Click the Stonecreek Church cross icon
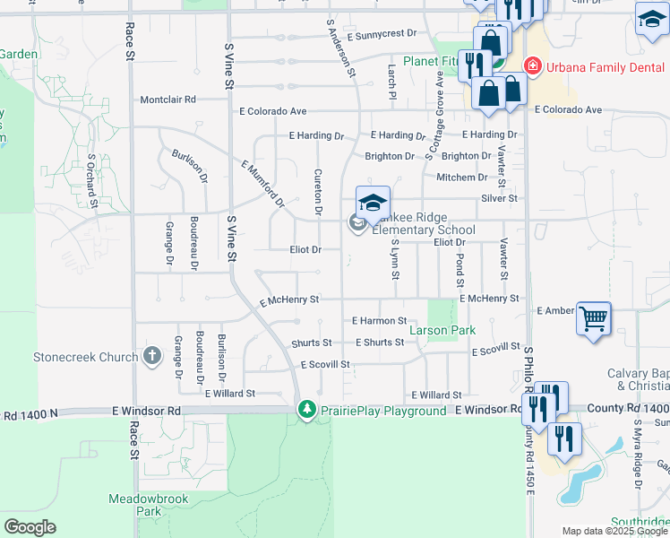click(x=152, y=356)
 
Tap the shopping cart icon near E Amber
click(x=593, y=317)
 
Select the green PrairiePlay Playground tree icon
click(x=307, y=409)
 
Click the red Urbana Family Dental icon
click(x=531, y=66)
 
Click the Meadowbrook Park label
click(x=135, y=503)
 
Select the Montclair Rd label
click(x=167, y=100)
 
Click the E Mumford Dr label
click(x=262, y=182)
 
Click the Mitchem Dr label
click(x=462, y=178)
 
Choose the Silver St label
click(x=499, y=197)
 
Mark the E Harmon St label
click(x=380, y=320)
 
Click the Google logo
click(x=30, y=527)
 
